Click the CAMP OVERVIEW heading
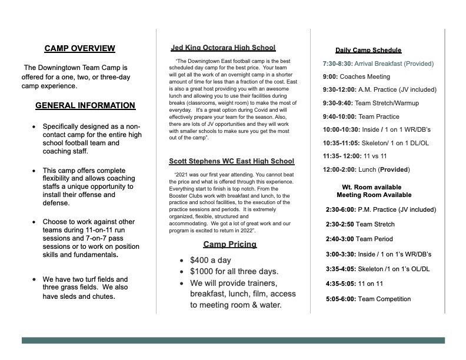(79, 49)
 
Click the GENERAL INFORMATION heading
(85, 106)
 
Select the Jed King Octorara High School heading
(223, 48)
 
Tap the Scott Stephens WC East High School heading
(231, 161)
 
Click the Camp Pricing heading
(229, 244)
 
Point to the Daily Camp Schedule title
(368, 51)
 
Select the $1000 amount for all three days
(202, 271)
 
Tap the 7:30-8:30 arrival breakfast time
(337, 64)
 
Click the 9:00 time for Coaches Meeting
(330, 77)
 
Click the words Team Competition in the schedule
(384, 299)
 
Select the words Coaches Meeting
(365, 77)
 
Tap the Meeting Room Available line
(374, 195)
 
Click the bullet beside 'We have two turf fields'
(35, 279)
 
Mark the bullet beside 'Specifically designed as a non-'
(35, 126)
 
